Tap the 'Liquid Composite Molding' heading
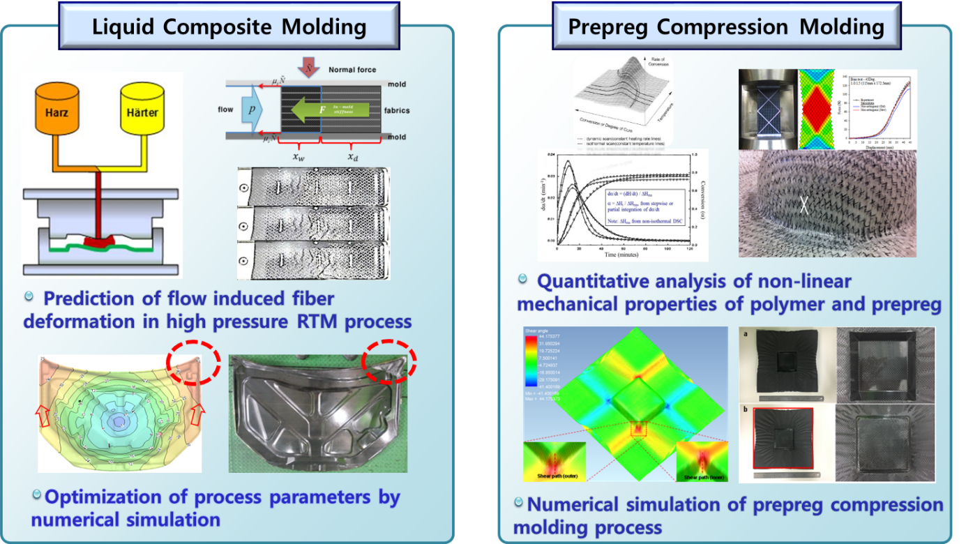tap(229, 27)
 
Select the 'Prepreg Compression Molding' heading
tap(726, 27)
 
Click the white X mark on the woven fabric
tap(804, 204)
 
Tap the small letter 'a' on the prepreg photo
tap(746, 335)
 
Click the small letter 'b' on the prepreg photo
tap(745, 410)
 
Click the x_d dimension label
tap(354, 157)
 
